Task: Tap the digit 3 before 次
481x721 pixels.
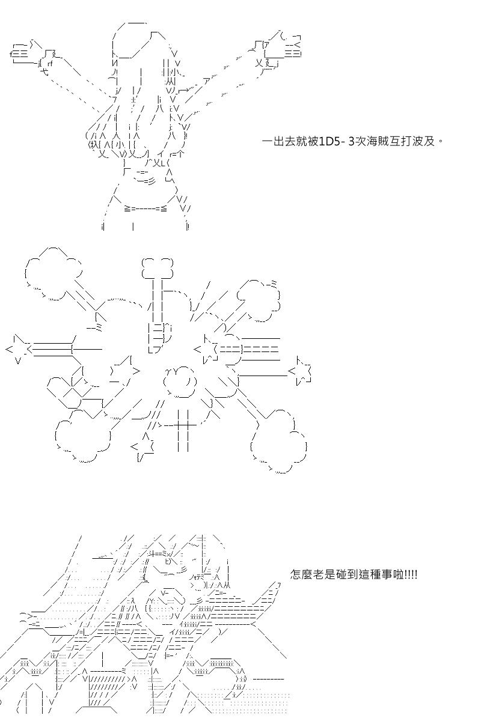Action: pyautogui.click(x=351, y=141)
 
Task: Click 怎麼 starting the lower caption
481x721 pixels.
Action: pyautogui.click(x=301, y=574)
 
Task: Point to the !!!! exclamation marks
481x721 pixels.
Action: pyautogui.click(x=411, y=574)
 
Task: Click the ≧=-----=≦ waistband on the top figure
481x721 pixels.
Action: pyautogui.click(x=146, y=208)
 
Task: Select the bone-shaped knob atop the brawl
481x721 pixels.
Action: pyautogui.click(x=158, y=267)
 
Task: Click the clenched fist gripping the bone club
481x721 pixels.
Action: pyautogui.click(x=159, y=337)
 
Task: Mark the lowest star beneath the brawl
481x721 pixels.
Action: pyautogui.click(x=143, y=446)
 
